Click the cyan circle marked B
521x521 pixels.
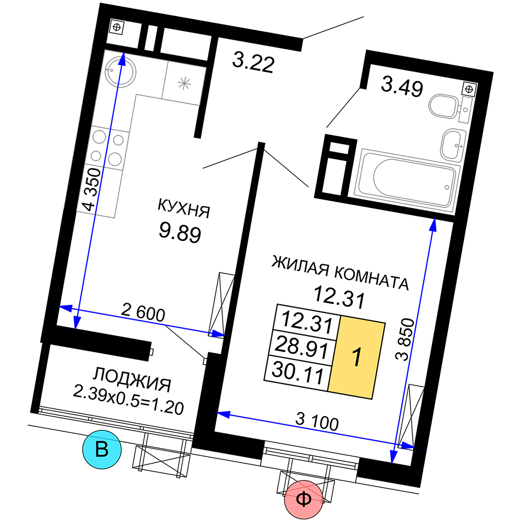click(102, 450)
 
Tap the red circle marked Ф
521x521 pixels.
click(303, 500)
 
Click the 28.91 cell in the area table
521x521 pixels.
click(302, 347)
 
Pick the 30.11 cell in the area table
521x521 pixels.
click(297, 372)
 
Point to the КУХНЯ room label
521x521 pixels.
click(184, 208)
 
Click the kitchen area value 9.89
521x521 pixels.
click(180, 232)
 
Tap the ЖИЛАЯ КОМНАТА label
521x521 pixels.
click(340, 273)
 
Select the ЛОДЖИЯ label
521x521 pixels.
click(132, 379)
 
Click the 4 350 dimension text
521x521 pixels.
click(92, 190)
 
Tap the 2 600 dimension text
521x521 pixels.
click(143, 312)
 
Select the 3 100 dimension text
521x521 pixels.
click(317, 421)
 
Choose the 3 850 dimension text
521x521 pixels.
click(405, 339)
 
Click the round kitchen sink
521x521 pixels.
click(120, 71)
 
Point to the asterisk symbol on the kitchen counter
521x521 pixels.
click(184, 83)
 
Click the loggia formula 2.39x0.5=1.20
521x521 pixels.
click(128, 400)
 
